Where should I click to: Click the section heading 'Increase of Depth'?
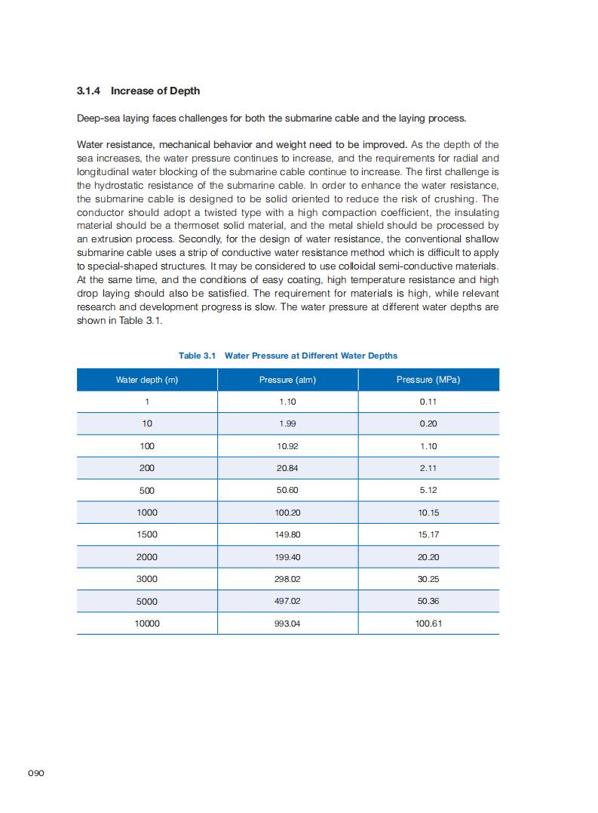[155, 91]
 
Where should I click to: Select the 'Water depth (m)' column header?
[147, 380]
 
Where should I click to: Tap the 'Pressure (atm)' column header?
[287, 380]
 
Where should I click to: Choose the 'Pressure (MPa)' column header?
[428, 380]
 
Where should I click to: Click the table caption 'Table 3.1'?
[198, 356]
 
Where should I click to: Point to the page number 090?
[36, 774]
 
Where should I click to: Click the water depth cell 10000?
[147, 624]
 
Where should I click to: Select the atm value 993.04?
[287, 624]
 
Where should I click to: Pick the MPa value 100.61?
[428, 624]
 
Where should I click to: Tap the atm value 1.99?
[287, 423]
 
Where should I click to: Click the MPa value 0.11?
[428, 402]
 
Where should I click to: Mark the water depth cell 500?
[147, 490]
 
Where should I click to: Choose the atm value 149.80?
[287, 534]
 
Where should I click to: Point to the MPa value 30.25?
[428, 579]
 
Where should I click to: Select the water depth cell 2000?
[147, 557]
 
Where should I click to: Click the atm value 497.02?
[287, 602]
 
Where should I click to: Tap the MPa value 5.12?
[428, 490]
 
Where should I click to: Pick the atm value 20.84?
[287, 468]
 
